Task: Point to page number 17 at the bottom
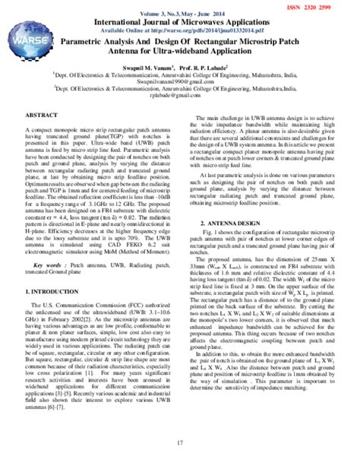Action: point(180,443)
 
